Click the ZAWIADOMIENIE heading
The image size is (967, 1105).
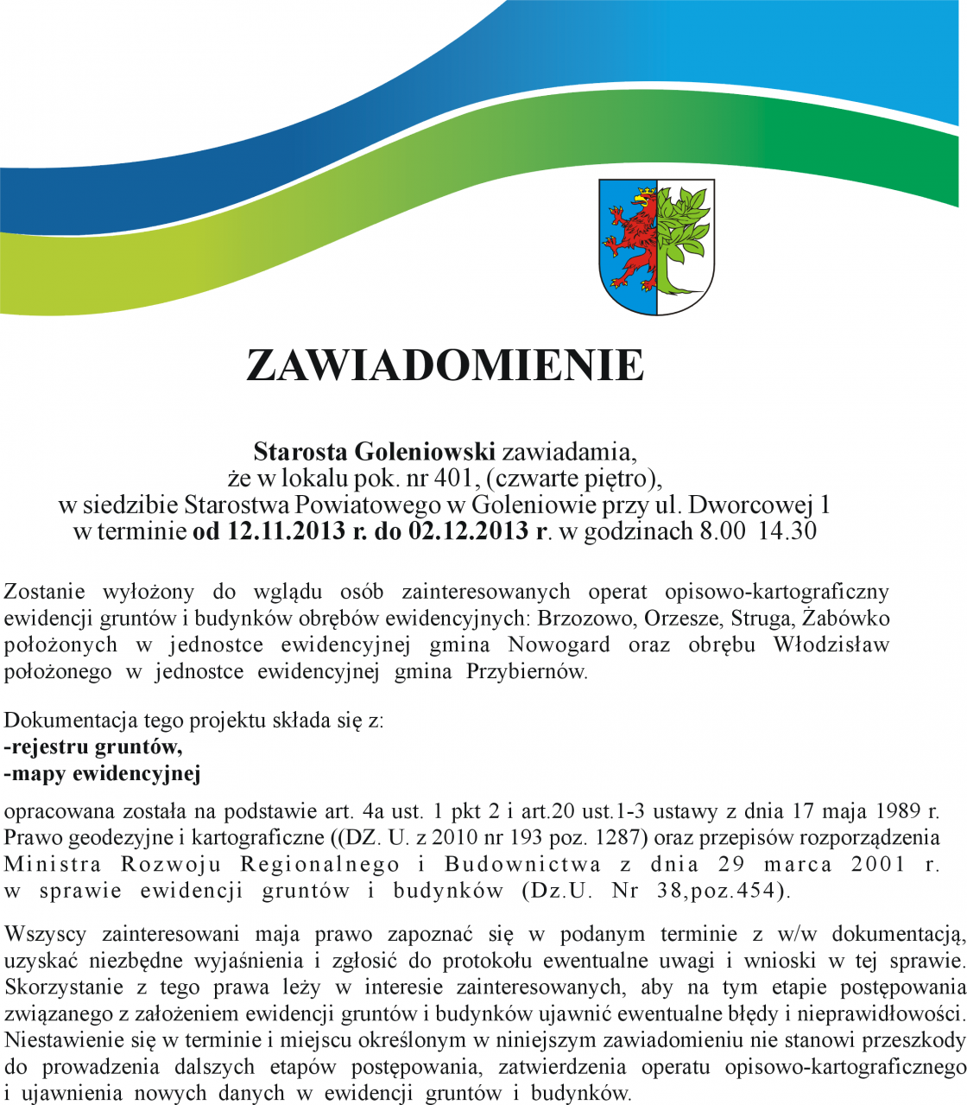445,365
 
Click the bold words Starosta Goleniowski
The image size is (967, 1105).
374,451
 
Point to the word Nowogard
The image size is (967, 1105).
559,645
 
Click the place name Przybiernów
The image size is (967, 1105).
526,671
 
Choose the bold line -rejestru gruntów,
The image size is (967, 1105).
93,746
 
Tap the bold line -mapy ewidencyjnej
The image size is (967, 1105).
102,773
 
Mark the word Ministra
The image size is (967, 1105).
53,864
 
